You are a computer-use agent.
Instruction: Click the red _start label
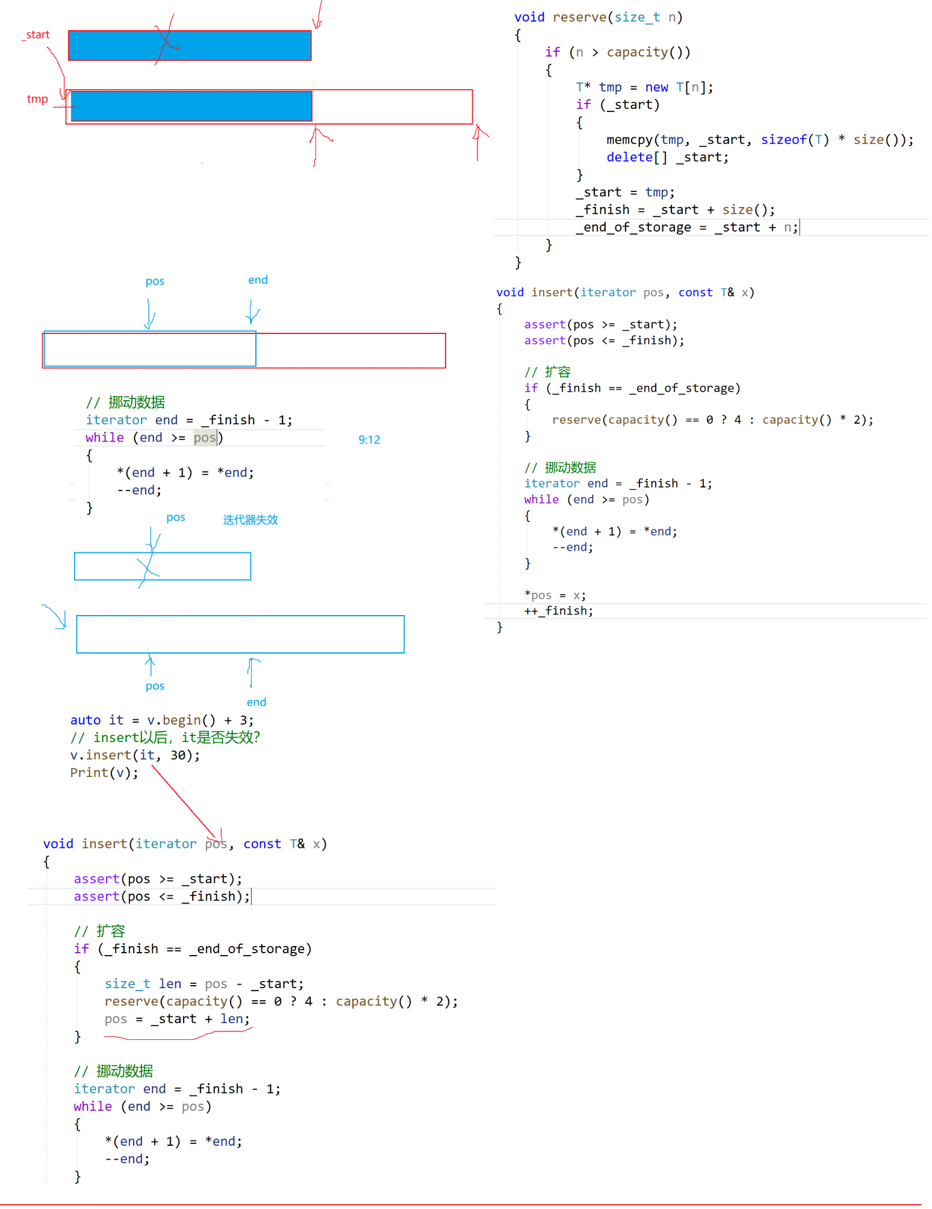point(37,35)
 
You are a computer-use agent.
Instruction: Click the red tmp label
point(37,99)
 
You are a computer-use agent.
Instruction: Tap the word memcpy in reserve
point(629,140)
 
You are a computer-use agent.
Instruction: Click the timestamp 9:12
point(369,440)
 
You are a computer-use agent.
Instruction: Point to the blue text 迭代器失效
point(250,520)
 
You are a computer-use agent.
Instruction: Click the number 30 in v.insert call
point(178,755)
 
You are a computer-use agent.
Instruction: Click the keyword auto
point(85,720)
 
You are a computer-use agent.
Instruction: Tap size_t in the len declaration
point(127,984)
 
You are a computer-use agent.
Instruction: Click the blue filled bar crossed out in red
point(190,46)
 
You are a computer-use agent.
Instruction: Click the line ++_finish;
point(558,611)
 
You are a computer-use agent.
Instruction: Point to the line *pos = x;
point(555,596)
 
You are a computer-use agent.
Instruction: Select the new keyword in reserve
point(656,88)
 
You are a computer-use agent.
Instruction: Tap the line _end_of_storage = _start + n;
point(687,227)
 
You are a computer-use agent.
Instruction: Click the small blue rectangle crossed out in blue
point(163,566)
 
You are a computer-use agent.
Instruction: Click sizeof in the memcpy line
point(783,140)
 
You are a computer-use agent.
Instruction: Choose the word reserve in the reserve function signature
point(579,17)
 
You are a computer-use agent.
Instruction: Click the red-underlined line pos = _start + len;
point(176,1019)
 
